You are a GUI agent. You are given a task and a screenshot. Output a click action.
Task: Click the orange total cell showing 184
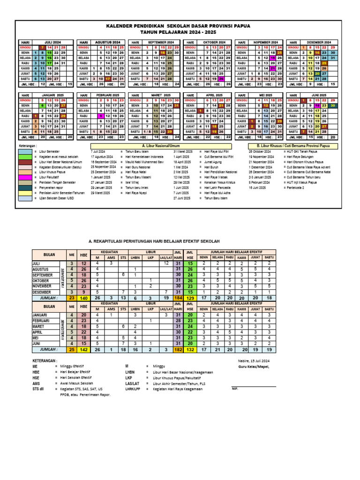click(178, 297)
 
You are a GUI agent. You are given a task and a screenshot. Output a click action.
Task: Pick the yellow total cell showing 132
click(190, 349)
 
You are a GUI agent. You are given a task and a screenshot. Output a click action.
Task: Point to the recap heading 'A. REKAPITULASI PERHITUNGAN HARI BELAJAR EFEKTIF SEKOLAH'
click(154, 241)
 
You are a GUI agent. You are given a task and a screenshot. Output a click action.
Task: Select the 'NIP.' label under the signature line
click(235, 389)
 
